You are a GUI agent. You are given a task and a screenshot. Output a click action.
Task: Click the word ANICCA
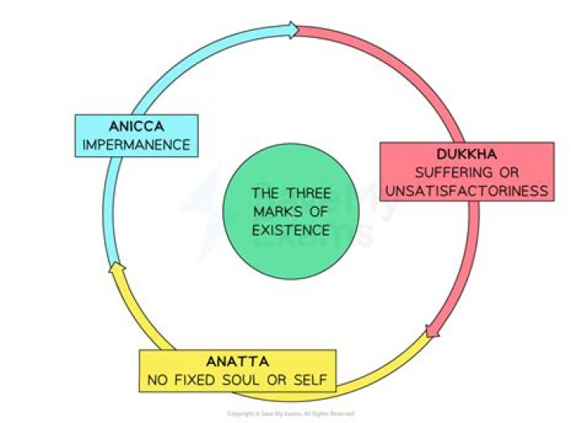pos(136,128)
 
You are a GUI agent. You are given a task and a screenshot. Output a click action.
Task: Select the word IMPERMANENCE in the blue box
pos(136,146)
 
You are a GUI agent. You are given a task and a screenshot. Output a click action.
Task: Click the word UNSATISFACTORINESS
pos(466,191)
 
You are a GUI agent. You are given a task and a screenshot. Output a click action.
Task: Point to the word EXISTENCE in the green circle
pos(290,230)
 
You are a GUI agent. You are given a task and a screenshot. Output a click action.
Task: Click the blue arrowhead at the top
pos(291,31)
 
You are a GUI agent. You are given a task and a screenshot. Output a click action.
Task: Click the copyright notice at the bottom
pos(291,413)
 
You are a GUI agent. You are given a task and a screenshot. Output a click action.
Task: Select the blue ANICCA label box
pos(136,137)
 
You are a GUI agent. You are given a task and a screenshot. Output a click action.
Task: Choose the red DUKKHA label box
pos(466,172)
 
